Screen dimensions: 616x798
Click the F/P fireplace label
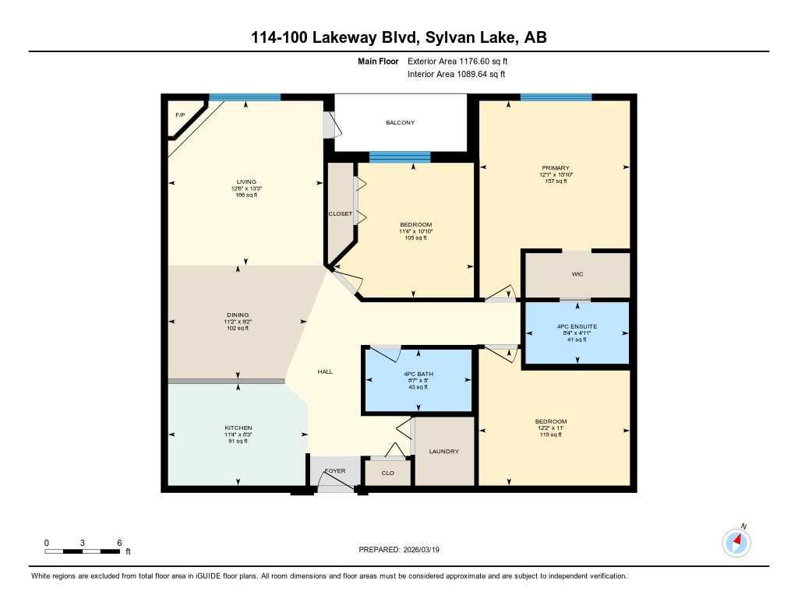[180, 115]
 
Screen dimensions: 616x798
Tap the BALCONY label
[401, 123]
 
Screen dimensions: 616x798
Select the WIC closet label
[577, 275]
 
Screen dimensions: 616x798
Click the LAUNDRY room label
[444, 452]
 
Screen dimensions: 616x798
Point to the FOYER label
[334, 471]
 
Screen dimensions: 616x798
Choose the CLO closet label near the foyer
[387, 473]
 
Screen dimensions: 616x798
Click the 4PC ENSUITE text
[577, 326]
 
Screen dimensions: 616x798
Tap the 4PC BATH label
[418, 374]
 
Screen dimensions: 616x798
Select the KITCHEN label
[238, 428]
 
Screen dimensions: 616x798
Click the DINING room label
[238, 315]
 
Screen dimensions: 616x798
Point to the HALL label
[325, 371]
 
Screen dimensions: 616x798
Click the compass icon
[736, 542]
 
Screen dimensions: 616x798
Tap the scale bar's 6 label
[118, 543]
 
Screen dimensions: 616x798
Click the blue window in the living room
[245, 97]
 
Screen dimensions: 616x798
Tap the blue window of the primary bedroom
[556, 97]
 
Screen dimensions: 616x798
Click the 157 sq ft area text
[556, 181]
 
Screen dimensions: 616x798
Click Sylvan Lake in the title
[465, 37]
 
